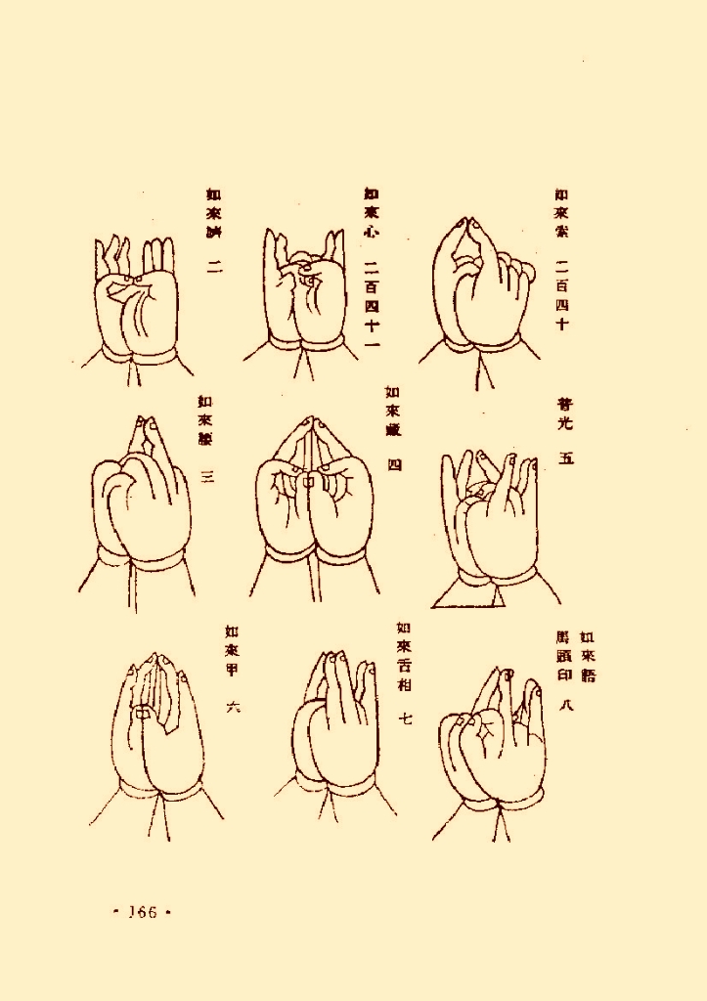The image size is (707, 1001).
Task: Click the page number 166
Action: click(143, 912)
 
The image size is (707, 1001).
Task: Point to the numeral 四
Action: click(394, 464)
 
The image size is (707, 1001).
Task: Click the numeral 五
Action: click(565, 457)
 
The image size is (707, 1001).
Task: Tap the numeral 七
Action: click(405, 718)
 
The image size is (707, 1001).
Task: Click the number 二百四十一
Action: click(372, 304)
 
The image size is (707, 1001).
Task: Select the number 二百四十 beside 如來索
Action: click(561, 293)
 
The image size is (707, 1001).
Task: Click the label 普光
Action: click(565, 413)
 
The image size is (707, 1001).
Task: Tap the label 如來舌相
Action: click(404, 656)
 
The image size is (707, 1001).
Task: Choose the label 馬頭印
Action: click(563, 657)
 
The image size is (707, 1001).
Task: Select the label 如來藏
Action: click(392, 409)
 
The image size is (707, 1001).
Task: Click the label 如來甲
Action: click(232, 650)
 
